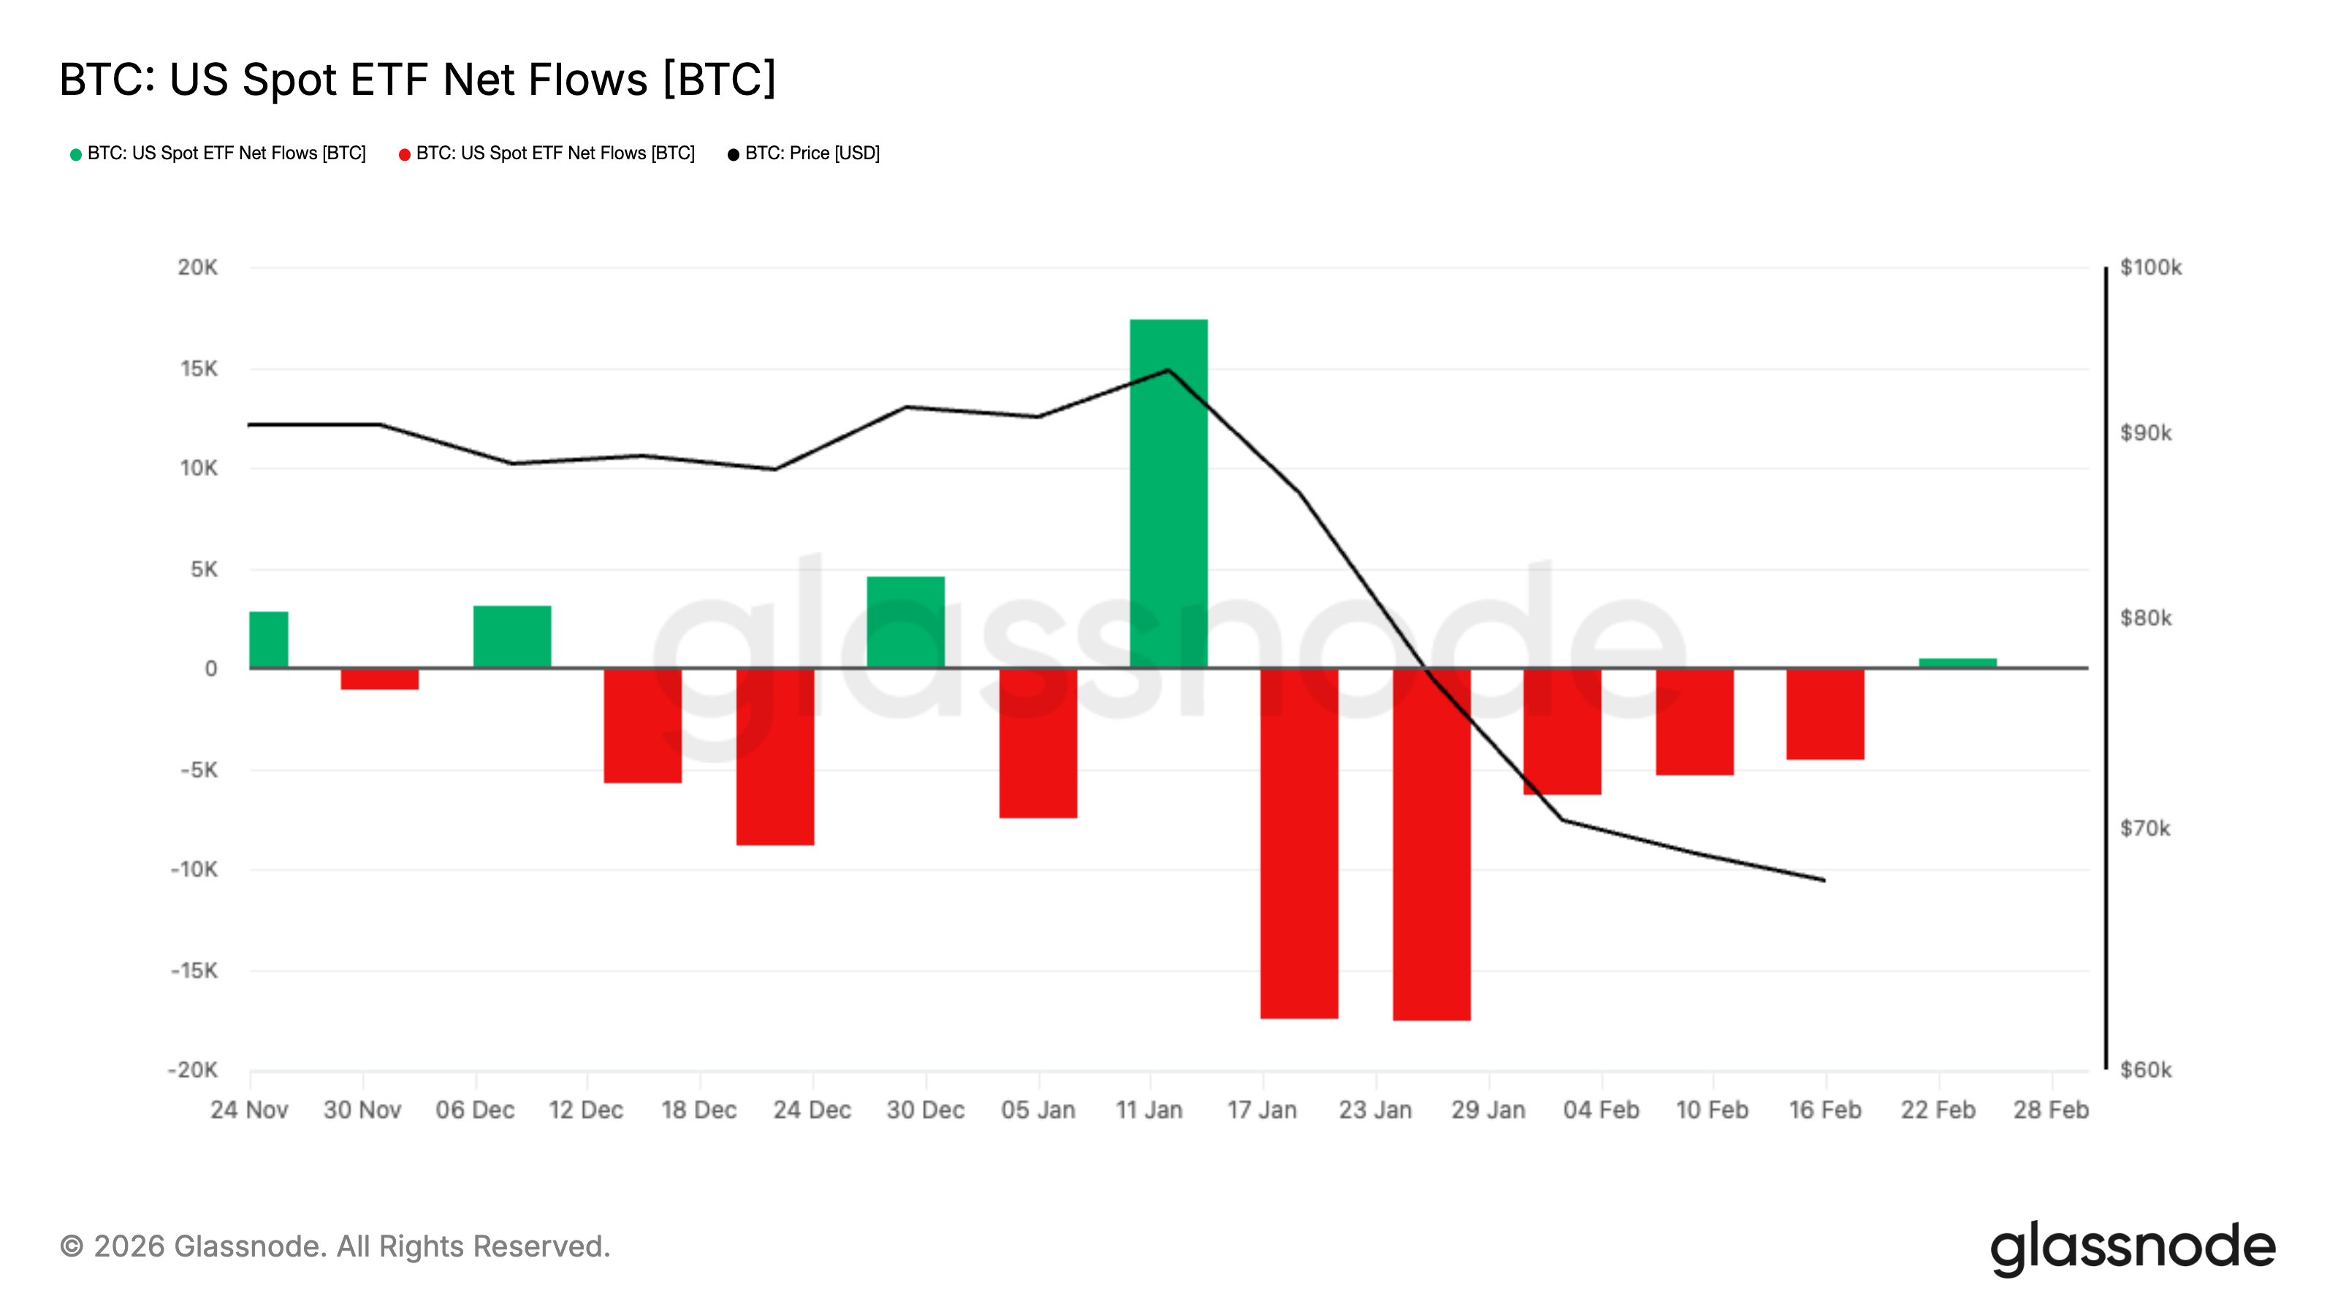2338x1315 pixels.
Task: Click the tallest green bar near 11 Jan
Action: point(1168,494)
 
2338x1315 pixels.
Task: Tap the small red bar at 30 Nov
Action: point(379,679)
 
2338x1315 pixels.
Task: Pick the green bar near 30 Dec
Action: point(905,622)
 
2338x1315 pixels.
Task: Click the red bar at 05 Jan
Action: point(1037,743)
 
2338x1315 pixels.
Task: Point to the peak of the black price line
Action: point(1168,370)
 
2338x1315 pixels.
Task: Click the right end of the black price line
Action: point(1824,880)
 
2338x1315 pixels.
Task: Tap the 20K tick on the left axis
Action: point(198,267)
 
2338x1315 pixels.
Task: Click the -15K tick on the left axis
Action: point(194,971)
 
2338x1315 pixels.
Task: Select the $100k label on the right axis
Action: point(2150,267)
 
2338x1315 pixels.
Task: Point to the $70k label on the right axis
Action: point(2144,828)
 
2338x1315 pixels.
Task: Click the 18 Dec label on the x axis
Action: point(698,1110)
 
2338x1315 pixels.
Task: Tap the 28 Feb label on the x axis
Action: point(2050,1110)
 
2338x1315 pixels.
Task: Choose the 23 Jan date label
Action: point(1374,1110)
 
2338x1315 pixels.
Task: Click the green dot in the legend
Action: point(76,154)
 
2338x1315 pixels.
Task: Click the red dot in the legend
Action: point(405,154)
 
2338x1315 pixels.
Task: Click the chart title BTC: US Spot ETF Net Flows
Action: point(417,80)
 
